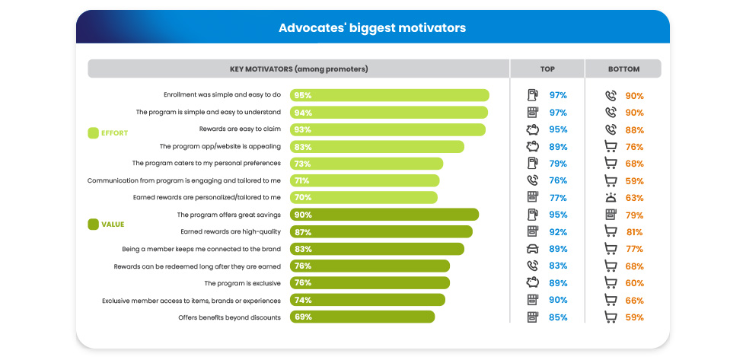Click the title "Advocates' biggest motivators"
click(x=372, y=28)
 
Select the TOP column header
click(x=547, y=69)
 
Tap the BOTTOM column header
click(x=623, y=69)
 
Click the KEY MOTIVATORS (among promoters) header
click(x=298, y=69)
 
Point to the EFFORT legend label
click(x=115, y=133)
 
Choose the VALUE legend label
click(x=113, y=225)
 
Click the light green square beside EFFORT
click(x=94, y=133)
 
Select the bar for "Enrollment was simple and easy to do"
click(x=389, y=96)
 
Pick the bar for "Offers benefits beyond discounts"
click(x=362, y=317)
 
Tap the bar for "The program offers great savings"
click(x=384, y=215)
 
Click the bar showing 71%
click(x=364, y=180)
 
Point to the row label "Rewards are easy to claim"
click(x=240, y=129)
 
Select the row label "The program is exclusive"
click(x=242, y=283)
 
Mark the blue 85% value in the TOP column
click(x=558, y=317)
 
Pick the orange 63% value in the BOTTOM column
click(x=634, y=198)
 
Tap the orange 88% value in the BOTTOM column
click(x=634, y=129)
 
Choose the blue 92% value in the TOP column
click(x=558, y=232)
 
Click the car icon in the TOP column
click(x=533, y=249)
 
